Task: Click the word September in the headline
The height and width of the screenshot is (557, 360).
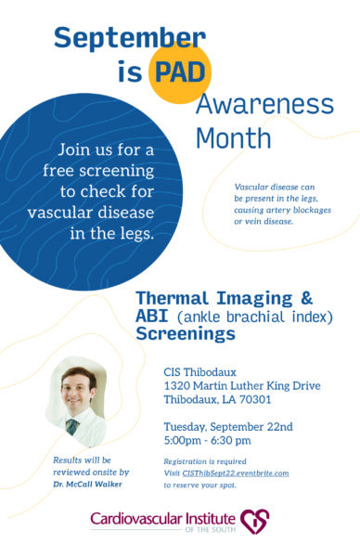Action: click(x=130, y=39)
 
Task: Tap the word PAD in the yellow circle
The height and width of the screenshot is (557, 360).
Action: click(x=180, y=72)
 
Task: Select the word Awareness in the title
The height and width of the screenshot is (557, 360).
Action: click(x=264, y=105)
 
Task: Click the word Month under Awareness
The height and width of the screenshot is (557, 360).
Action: click(x=234, y=138)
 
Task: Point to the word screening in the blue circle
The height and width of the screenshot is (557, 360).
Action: click(x=117, y=172)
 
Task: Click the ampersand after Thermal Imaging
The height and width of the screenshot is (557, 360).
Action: click(x=306, y=298)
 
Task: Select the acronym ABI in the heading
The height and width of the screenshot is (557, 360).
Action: click(x=152, y=316)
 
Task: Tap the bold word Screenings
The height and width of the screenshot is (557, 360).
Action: click(x=186, y=334)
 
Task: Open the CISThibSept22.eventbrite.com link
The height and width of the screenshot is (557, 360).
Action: click(x=236, y=473)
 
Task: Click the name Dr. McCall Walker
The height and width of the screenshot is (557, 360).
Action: click(x=88, y=485)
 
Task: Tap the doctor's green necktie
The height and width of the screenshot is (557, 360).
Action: click(x=72, y=427)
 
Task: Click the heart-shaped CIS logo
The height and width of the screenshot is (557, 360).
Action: click(x=255, y=521)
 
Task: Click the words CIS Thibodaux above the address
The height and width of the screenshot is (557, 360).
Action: click(x=199, y=372)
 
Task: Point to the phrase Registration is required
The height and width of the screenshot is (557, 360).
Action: click(x=205, y=461)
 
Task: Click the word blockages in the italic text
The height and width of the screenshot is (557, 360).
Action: click(x=314, y=210)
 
